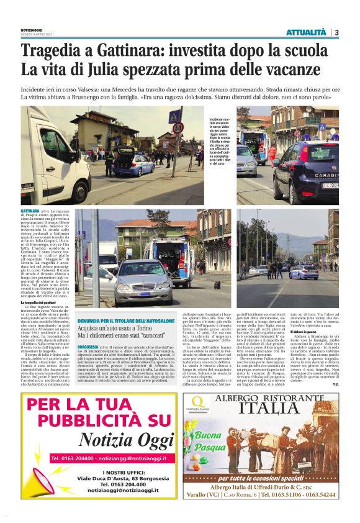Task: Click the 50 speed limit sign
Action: click(x=178, y=128)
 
